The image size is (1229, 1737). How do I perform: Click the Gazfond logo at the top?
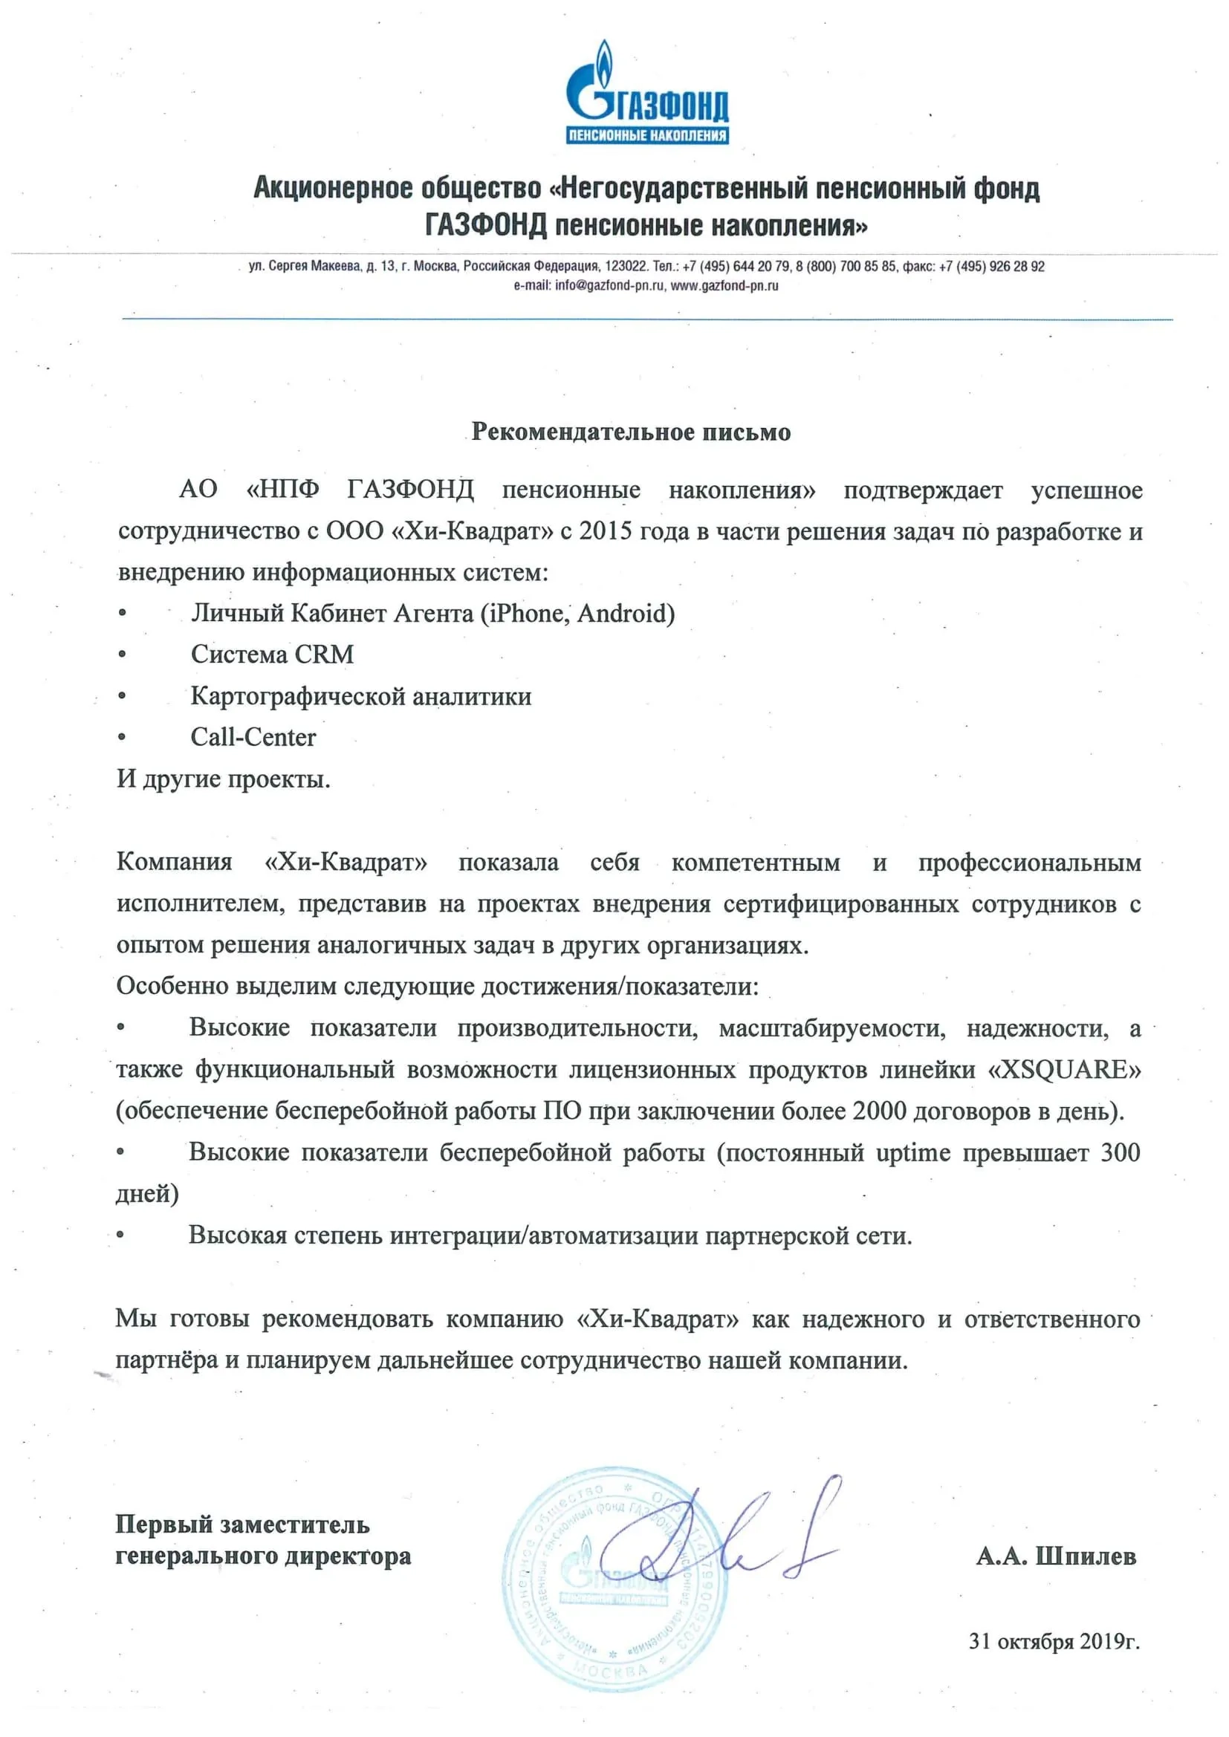click(x=647, y=94)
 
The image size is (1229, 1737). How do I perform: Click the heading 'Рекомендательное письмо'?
click(x=630, y=432)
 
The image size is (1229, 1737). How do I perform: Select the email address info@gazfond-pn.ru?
click(x=609, y=286)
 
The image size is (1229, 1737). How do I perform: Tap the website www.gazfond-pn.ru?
click(x=724, y=286)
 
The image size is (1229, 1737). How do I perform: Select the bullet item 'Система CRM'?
click(x=272, y=655)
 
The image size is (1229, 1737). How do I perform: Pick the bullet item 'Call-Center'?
click(x=253, y=737)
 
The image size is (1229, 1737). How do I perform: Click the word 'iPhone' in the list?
click(x=527, y=613)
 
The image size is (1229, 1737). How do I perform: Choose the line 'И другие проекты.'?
click(x=223, y=779)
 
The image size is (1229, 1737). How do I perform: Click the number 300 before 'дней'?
click(x=1120, y=1152)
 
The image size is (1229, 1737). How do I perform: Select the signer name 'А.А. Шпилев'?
click(x=1056, y=1556)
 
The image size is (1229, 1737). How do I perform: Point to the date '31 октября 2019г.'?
click(x=1054, y=1641)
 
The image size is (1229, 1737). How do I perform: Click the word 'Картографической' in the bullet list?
click(x=295, y=696)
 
